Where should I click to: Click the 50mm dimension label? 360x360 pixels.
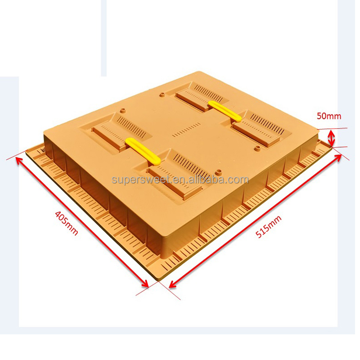(329, 116)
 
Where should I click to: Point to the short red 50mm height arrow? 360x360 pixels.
(332, 138)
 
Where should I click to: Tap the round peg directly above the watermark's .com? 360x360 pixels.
(219, 171)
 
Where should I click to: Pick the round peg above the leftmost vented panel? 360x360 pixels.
(122, 110)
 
